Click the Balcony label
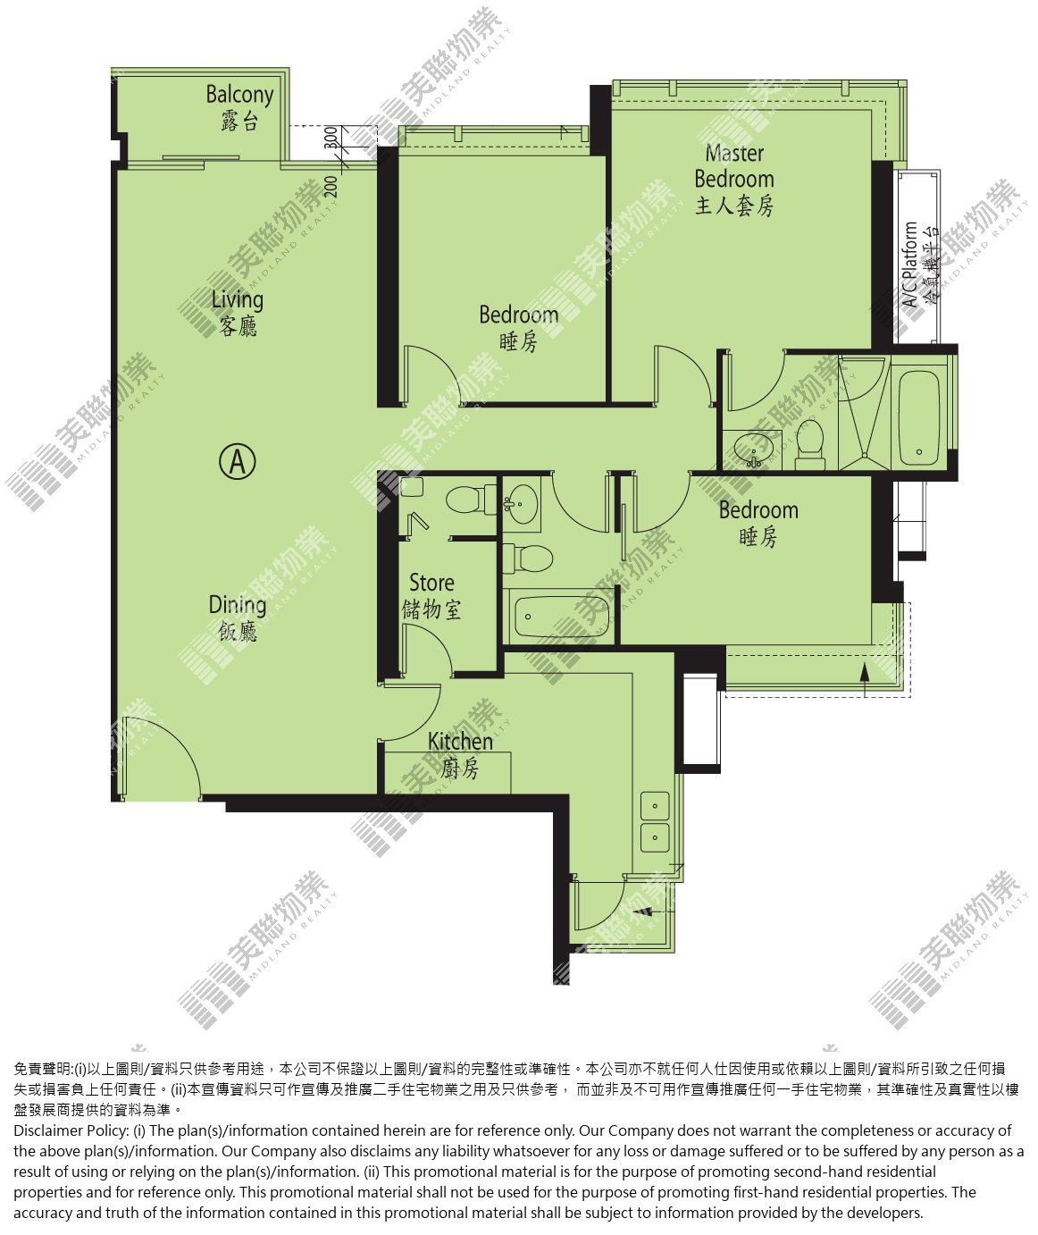pyautogui.click(x=239, y=107)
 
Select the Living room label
pyautogui.click(x=238, y=313)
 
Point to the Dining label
pyautogui.click(x=238, y=618)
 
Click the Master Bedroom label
pyautogui.click(x=734, y=180)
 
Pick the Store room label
pyautogui.click(x=431, y=596)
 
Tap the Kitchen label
pyautogui.click(x=460, y=755)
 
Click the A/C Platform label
pyautogui.click(x=919, y=265)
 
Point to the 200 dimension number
pyautogui.click(x=331, y=186)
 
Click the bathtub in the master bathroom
pyautogui.click(x=919, y=418)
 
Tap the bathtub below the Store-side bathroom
pyautogui.click(x=558, y=617)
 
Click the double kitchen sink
pyautogui.click(x=655, y=821)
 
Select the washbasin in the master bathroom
pyautogui.click(x=752, y=450)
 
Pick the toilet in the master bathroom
pyautogui.click(x=810, y=447)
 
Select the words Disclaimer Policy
pyautogui.click(x=71, y=1130)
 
